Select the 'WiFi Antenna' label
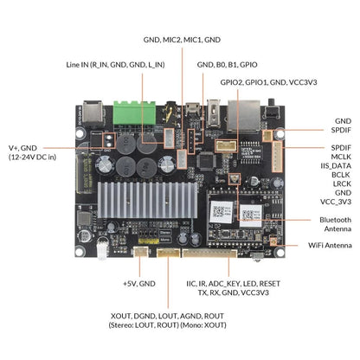point(330,246)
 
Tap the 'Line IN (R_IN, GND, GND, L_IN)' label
point(115,64)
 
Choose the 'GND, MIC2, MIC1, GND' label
point(181,40)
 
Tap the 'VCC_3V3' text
point(336,202)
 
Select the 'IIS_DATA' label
point(336,166)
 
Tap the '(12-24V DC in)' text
point(34,158)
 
